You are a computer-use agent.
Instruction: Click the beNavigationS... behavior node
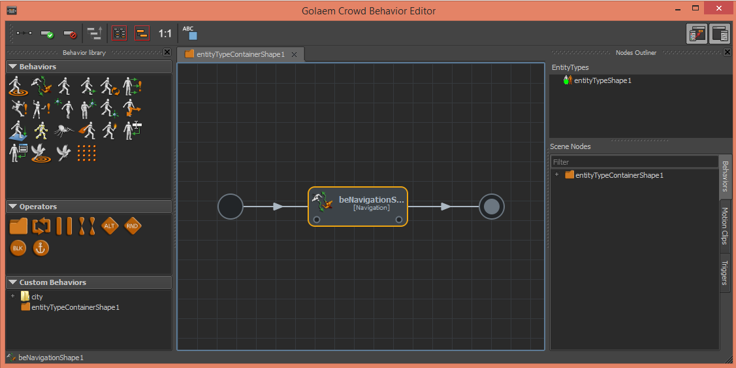tap(358, 207)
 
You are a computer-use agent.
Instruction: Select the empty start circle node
tap(231, 207)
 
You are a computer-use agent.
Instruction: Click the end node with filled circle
tap(492, 207)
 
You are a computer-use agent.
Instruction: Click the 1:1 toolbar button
tap(165, 33)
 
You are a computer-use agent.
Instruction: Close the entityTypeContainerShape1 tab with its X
tap(295, 54)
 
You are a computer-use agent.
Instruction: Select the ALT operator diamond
tap(109, 226)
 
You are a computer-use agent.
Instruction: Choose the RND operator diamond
tap(133, 226)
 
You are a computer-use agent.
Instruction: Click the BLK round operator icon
tap(18, 248)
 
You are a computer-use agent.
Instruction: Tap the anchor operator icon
tap(41, 248)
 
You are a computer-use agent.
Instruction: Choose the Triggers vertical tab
tap(725, 273)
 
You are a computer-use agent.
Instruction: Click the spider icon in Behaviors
tap(63, 131)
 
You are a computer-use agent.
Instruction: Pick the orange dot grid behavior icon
tap(86, 153)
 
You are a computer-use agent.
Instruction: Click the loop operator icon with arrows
tap(41, 226)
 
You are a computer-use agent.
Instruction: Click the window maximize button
tap(696, 8)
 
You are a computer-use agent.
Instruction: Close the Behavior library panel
tap(167, 52)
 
